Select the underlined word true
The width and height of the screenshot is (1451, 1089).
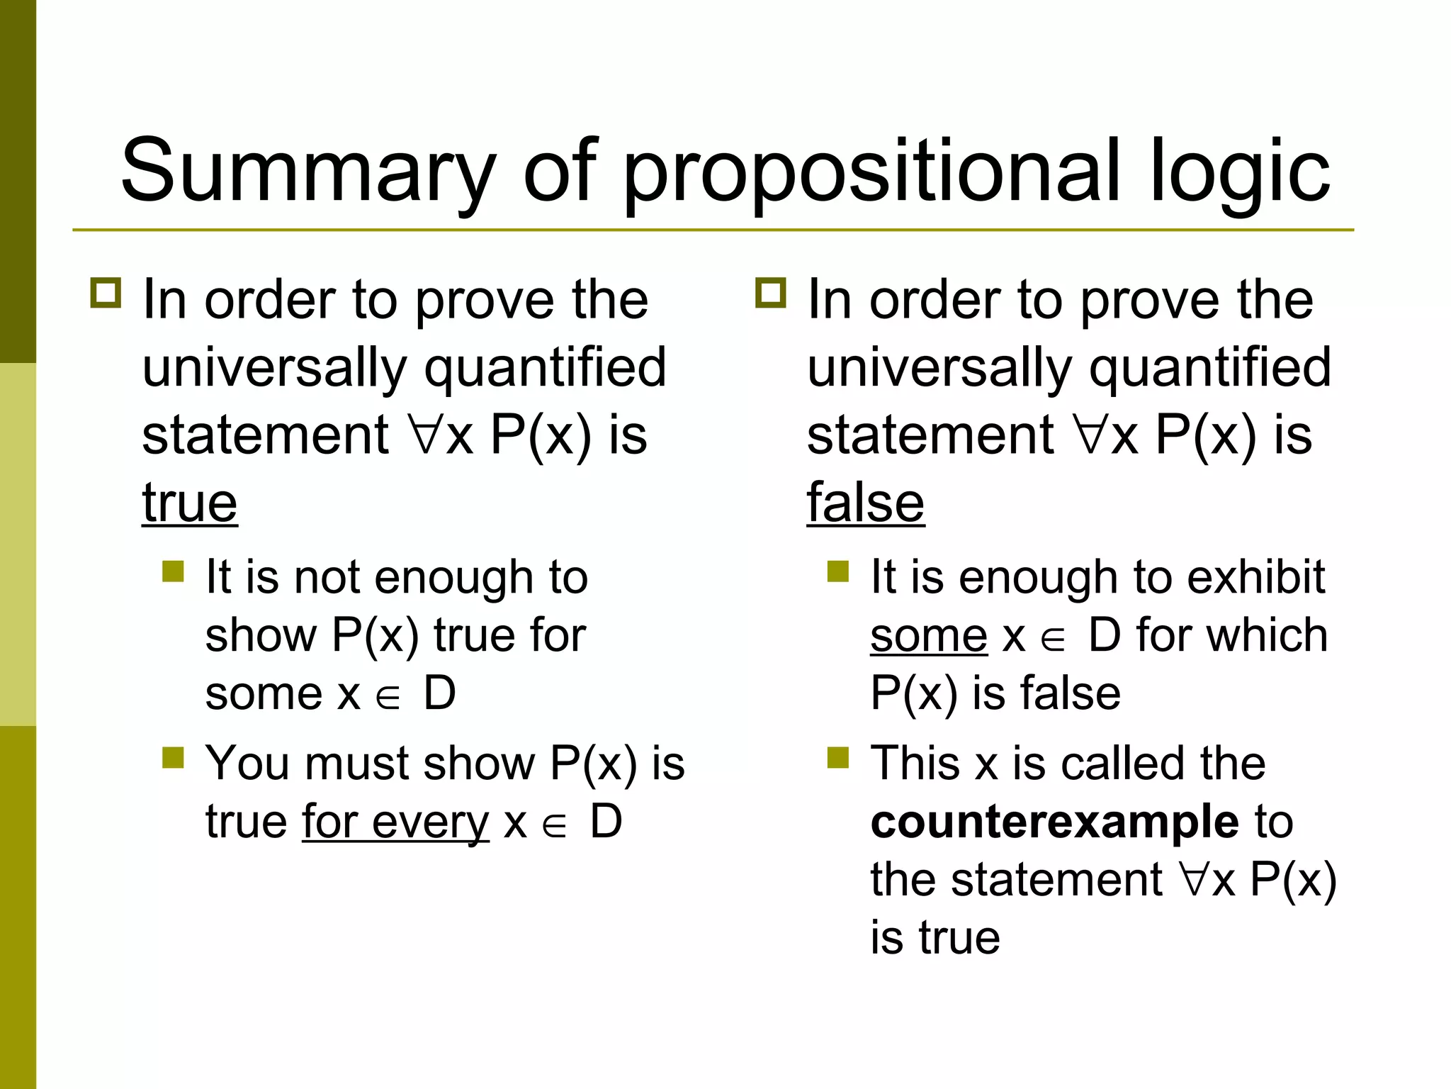(x=189, y=503)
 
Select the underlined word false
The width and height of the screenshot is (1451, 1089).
(x=865, y=503)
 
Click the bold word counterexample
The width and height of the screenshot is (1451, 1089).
(x=1054, y=822)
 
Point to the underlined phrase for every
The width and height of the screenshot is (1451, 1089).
(x=395, y=822)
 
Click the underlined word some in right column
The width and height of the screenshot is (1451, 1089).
(x=928, y=635)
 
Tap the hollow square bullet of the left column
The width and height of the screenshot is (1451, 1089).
(x=106, y=292)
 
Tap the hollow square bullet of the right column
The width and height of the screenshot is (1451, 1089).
(x=771, y=292)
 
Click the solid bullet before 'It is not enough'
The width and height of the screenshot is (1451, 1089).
(x=173, y=571)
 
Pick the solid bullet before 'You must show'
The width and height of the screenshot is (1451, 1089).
(x=173, y=758)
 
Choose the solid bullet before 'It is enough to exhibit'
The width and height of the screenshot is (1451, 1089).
(x=838, y=571)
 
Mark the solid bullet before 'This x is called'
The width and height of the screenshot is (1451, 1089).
(x=838, y=758)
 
